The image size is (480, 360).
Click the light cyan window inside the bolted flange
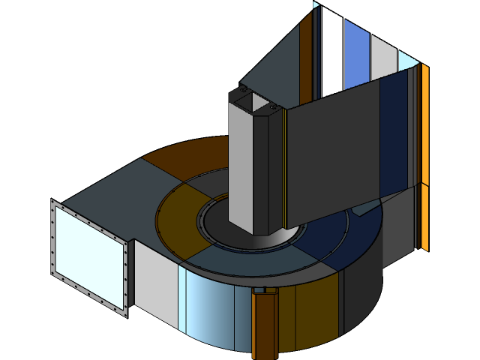coord(87,253)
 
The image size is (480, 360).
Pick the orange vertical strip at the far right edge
coord(425,157)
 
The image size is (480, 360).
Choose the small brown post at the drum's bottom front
coord(264,326)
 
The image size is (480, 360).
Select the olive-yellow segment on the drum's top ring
coord(180,217)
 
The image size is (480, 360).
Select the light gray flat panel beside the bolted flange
coord(155,281)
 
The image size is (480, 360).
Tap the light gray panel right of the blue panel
coord(383,57)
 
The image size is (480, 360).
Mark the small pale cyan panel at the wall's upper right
coord(407,60)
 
